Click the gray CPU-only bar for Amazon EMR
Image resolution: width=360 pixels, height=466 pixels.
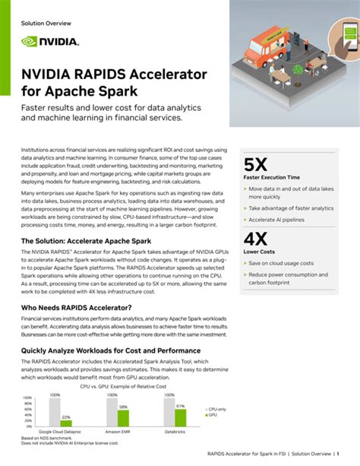(x=112, y=411)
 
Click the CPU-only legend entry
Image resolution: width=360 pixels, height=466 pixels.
(x=217, y=410)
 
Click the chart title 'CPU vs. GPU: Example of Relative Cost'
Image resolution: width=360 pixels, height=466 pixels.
(x=122, y=386)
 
